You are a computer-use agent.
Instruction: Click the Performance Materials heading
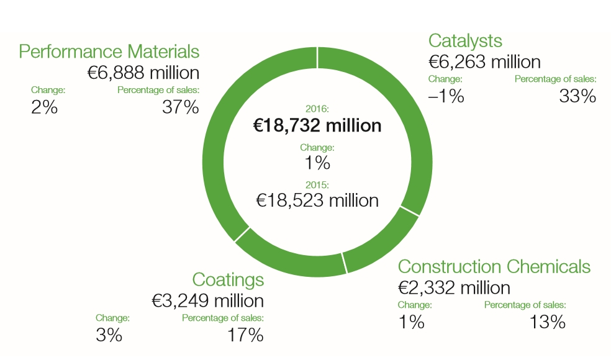109,51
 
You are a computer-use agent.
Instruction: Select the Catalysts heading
465,41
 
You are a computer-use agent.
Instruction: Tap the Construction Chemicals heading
494,267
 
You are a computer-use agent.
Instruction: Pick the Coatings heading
228,279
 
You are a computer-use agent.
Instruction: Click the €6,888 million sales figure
143,73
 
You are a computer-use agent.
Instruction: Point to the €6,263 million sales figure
484,61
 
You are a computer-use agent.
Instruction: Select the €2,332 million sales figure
454,288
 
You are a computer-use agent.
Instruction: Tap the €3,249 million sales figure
208,301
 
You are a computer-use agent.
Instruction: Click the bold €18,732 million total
317,125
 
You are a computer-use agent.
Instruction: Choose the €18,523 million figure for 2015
317,200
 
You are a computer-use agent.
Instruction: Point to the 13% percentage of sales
548,322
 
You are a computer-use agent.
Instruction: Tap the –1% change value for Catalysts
446,96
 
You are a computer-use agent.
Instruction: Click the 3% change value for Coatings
109,336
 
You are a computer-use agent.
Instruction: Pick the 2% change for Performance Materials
44,107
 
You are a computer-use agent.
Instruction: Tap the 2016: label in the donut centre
317,109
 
